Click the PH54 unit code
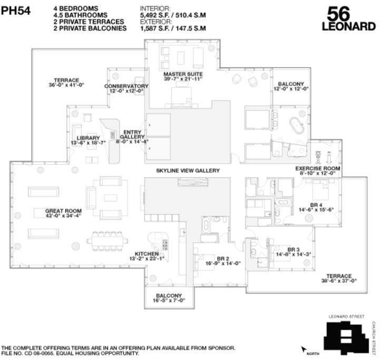point(16,11)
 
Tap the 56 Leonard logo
point(349,19)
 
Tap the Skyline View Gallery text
point(188,171)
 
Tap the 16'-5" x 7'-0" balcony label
point(169,298)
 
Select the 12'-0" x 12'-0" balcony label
point(291,86)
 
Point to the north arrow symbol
point(304,350)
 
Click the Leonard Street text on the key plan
point(346,316)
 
